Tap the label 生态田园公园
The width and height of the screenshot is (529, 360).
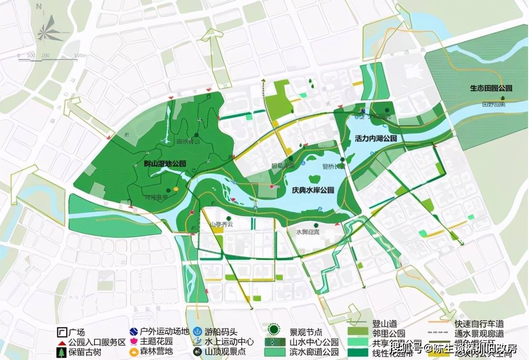coord(491,88)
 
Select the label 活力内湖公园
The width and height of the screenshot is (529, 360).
coord(376,138)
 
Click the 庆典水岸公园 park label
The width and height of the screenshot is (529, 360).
coord(313,190)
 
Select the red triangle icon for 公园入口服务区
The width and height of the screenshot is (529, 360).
coord(61,342)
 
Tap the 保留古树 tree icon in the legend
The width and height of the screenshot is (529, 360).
coord(61,352)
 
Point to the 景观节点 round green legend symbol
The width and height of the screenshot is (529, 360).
coord(273,330)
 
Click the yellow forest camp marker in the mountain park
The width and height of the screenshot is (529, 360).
coord(176,189)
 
